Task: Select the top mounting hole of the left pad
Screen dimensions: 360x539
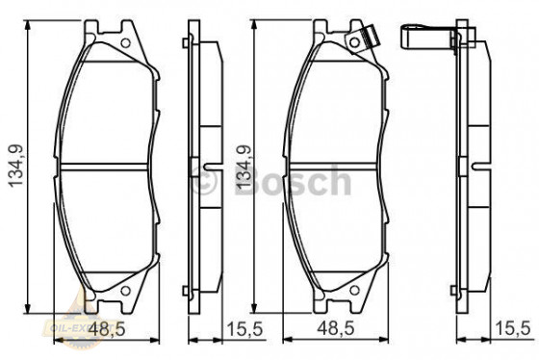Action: (x=124, y=42)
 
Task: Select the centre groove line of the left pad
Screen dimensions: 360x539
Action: (x=107, y=164)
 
